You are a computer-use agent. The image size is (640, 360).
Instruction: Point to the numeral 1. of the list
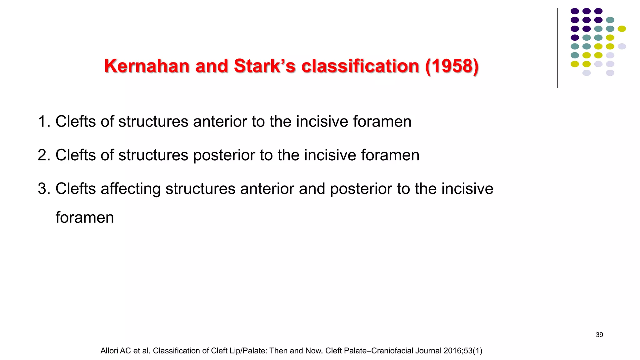(44, 122)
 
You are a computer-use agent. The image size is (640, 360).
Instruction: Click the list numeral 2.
(44, 155)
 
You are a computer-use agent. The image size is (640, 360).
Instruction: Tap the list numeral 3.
(44, 189)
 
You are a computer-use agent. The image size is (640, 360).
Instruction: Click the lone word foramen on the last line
(85, 217)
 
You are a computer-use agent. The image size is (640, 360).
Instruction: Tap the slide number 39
(599, 335)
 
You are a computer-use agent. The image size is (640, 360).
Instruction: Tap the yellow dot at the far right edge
(622, 29)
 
